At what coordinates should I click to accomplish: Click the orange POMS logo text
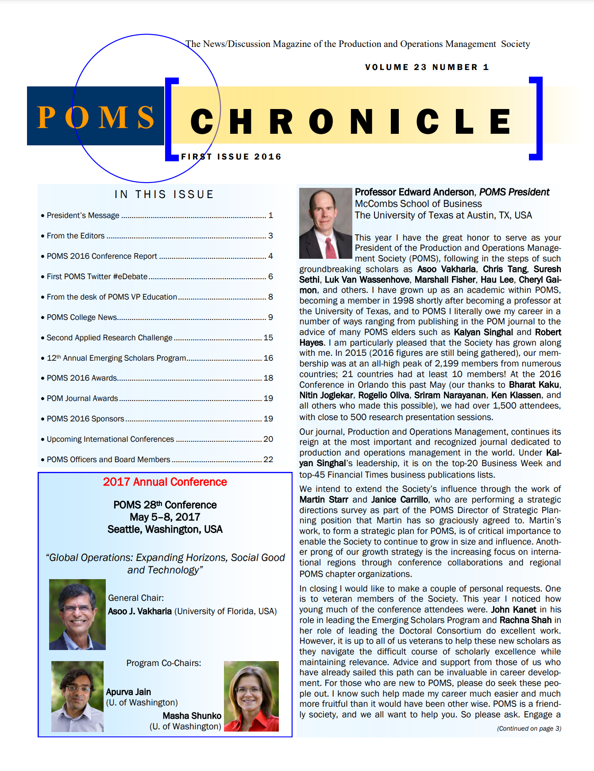pyautogui.click(x=96, y=117)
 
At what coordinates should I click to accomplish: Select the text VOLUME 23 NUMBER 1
pyautogui.click(x=427, y=67)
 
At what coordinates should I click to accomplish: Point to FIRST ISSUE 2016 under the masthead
pyautogui.click(x=231, y=157)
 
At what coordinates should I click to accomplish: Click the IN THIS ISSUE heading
pyautogui.click(x=164, y=195)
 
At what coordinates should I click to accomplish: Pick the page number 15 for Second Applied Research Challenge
pyautogui.click(x=268, y=338)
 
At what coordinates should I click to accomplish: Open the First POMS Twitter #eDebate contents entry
pyautogui.click(x=97, y=276)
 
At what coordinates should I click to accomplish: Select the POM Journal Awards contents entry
pyautogui.click(x=83, y=398)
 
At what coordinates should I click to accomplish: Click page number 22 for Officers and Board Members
pyautogui.click(x=268, y=459)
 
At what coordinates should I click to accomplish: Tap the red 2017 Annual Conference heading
pyautogui.click(x=165, y=482)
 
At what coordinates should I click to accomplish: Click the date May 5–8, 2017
pyautogui.click(x=165, y=517)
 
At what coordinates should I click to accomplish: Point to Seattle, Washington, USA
pyautogui.click(x=165, y=530)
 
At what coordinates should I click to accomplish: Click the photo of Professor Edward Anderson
pyautogui.click(x=325, y=223)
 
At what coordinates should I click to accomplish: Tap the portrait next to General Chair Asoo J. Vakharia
pyautogui.click(x=77, y=614)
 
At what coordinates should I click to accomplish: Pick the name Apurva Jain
pyautogui.click(x=128, y=692)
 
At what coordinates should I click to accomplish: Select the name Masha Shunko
pyautogui.click(x=192, y=716)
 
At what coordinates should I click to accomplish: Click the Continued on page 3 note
pyautogui.click(x=529, y=728)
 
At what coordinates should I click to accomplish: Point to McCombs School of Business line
pyautogui.click(x=418, y=204)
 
